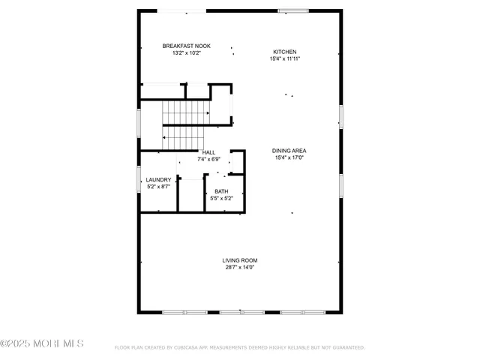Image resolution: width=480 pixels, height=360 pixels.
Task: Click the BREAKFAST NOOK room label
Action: coord(187,46)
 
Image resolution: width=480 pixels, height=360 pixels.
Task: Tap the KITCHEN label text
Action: coord(284,52)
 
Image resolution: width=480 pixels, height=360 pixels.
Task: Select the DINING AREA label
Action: coord(289,151)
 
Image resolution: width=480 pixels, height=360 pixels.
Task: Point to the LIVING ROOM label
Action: coord(240,260)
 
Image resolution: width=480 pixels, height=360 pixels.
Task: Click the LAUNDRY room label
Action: coord(158,179)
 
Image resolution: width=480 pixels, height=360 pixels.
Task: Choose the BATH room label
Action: coord(222,191)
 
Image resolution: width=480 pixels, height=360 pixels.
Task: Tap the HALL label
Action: coord(208,152)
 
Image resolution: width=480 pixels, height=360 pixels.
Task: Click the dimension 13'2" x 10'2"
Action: coord(187,53)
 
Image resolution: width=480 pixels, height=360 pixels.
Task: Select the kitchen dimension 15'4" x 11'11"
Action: coord(284,58)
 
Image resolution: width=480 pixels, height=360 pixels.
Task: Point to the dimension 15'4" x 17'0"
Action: coord(289,157)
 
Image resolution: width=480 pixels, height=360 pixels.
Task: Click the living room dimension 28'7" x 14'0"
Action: coord(240,267)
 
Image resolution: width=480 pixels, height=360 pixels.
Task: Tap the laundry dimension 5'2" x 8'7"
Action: coord(158,186)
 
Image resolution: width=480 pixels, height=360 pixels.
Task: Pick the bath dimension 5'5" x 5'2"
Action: coord(222,198)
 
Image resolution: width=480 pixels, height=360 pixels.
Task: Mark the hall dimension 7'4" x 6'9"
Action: coord(208,159)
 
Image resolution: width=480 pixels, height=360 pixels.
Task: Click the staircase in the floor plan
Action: coord(184,124)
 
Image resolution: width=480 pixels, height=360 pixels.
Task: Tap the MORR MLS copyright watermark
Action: coord(42,344)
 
